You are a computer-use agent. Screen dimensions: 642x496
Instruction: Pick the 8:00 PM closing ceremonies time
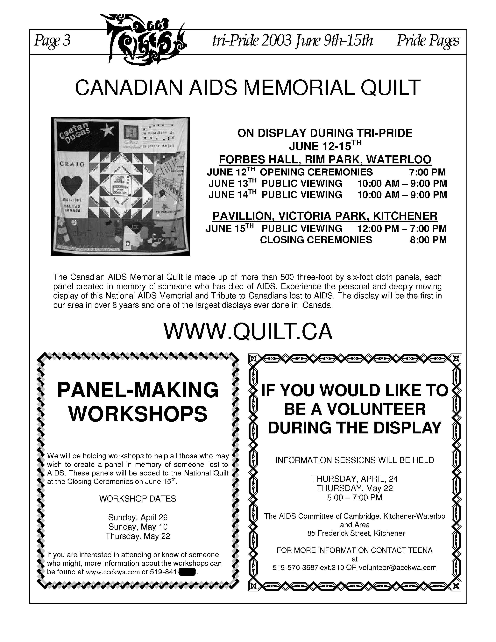[x=428, y=240]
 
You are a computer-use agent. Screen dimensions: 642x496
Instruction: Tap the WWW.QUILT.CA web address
[x=248, y=331]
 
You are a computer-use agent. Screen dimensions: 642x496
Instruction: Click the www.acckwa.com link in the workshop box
[x=113, y=572]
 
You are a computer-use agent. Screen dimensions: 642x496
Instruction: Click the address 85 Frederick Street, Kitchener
[x=356, y=533]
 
